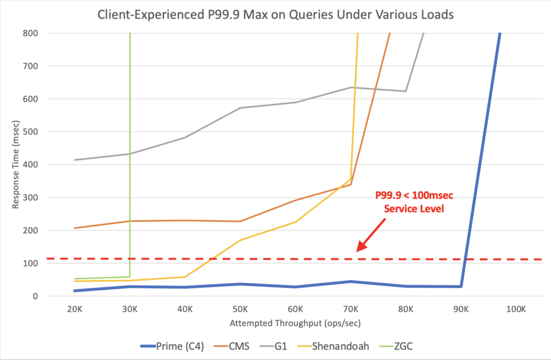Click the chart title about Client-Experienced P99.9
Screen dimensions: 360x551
click(x=275, y=15)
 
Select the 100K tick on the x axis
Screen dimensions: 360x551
click(x=515, y=309)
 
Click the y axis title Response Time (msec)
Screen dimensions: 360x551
click(x=17, y=164)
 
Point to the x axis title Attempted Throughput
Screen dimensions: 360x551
click(x=295, y=323)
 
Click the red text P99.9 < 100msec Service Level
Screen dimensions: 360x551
click(x=413, y=202)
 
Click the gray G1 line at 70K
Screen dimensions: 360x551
click(x=350, y=87)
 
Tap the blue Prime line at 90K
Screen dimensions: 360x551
click(x=461, y=286)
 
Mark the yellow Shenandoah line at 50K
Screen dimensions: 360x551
click(x=240, y=240)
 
